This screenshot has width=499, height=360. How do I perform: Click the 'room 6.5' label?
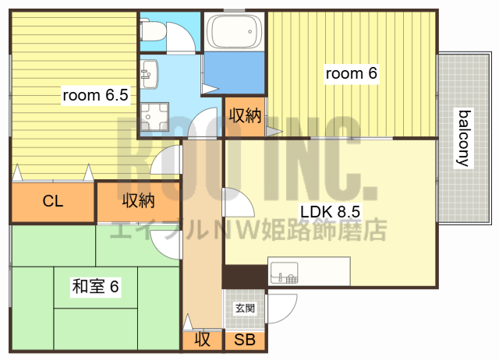coord(95,96)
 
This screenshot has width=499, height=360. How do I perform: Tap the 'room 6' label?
coord(351,74)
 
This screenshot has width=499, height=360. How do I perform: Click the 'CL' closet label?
coord(52,202)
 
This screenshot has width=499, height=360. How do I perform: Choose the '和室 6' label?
coord(95,287)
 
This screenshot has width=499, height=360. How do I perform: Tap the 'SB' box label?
coord(245,340)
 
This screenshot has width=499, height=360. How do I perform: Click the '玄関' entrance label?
coord(245,309)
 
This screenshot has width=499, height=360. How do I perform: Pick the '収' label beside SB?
coord(203,340)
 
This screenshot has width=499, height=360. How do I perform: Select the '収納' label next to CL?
coord(138,201)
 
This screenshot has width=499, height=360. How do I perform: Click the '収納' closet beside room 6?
coord(244,115)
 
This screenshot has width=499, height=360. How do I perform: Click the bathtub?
coord(232,32)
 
